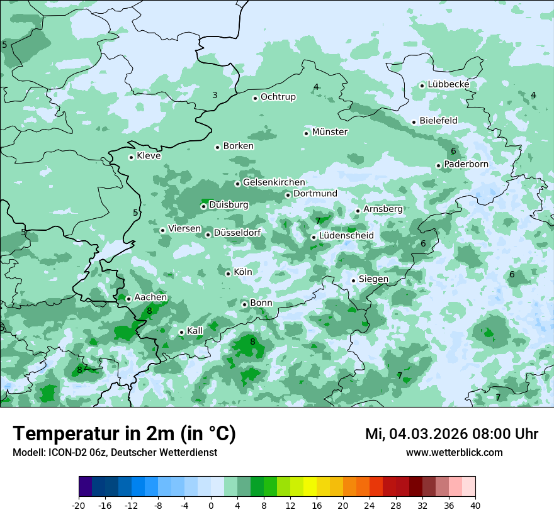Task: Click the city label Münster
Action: (x=330, y=132)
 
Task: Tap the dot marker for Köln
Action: (x=228, y=274)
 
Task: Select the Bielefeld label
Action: (x=438, y=121)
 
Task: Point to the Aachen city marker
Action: (x=128, y=299)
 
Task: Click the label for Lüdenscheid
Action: (x=346, y=236)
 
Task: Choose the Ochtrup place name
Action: (x=278, y=97)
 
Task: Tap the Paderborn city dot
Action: (x=438, y=165)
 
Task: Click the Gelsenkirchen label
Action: (x=274, y=182)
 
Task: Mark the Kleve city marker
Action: (x=131, y=157)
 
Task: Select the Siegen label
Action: (x=373, y=279)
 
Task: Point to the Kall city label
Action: (x=195, y=331)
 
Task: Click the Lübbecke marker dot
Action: (x=422, y=86)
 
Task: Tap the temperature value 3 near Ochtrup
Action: (x=215, y=95)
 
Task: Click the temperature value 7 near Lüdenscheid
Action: (x=319, y=221)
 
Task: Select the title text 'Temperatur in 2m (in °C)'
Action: (x=124, y=434)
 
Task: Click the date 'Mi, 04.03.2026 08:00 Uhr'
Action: (x=451, y=434)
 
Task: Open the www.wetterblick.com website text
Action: (x=454, y=453)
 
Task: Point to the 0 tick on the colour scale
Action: (x=211, y=506)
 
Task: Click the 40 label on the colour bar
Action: (x=475, y=506)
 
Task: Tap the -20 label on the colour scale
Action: (x=79, y=506)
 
